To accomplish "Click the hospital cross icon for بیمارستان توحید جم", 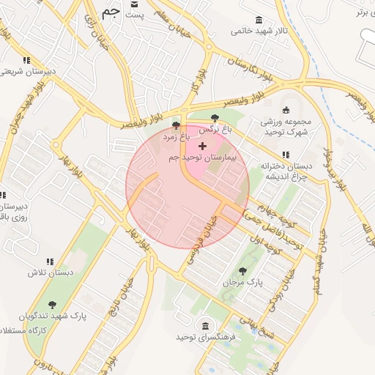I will tap(202, 146).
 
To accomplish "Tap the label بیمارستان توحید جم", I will tap(201, 158).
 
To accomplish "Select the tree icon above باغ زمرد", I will tap(176, 125).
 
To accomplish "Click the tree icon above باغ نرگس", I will tap(215, 118).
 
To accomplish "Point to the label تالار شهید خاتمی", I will tap(256, 31).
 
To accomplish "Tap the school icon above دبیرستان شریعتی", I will tap(27, 60).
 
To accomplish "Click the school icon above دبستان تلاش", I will tap(51, 261).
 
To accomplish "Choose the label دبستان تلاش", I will tap(51, 272).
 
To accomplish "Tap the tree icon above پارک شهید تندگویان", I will tap(52, 305).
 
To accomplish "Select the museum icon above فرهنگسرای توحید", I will tap(204, 326).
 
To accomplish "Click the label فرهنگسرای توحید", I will tap(204, 338).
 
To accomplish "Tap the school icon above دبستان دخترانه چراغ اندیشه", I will tap(286, 155).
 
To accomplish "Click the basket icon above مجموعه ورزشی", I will tap(286, 110).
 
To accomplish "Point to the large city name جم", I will tap(111, 12).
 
